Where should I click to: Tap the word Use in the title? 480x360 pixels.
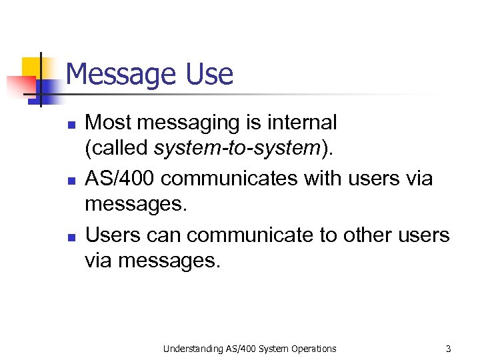click(209, 74)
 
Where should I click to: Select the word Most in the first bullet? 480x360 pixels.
click(107, 123)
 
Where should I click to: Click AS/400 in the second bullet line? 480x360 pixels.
click(122, 178)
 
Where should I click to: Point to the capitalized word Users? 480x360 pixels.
click(111, 235)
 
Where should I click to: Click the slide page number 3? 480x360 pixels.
click(449, 348)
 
